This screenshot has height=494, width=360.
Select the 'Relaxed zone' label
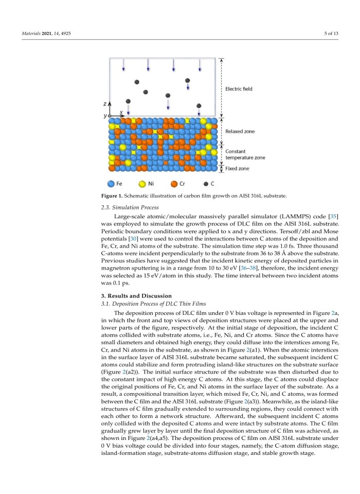click(x=239, y=131)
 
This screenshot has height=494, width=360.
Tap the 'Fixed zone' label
click(x=237, y=168)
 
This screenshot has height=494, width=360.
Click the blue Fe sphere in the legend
click(x=111, y=183)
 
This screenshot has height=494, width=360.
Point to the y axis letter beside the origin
click(x=105, y=116)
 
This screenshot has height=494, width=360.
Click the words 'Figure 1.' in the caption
click(x=111, y=196)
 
